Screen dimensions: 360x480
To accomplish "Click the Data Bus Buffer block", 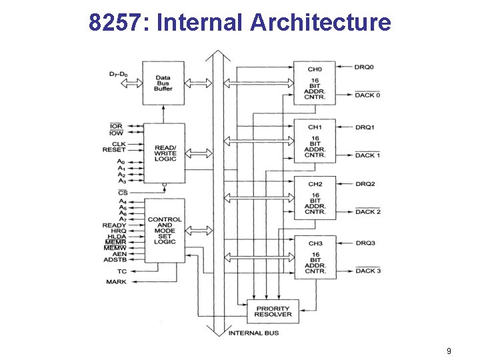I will coord(163,83).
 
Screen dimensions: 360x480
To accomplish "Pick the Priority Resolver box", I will coord(273,310).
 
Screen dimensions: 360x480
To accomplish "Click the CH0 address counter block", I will coord(315,83).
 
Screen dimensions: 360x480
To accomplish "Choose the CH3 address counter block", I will coord(315,257).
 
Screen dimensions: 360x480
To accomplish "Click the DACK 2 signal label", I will coord(368,212).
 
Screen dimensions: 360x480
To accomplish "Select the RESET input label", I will coord(115,150).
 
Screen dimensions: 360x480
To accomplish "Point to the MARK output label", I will coord(116,282).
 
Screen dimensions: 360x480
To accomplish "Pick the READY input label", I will coord(114,225).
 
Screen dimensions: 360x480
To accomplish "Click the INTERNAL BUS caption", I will coord(253,333).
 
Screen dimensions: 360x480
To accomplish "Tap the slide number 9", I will coord(449,351).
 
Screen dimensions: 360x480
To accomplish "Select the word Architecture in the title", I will coord(321,23).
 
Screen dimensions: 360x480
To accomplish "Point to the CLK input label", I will coord(119,143).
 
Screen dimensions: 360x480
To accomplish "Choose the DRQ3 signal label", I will coord(365,243).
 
